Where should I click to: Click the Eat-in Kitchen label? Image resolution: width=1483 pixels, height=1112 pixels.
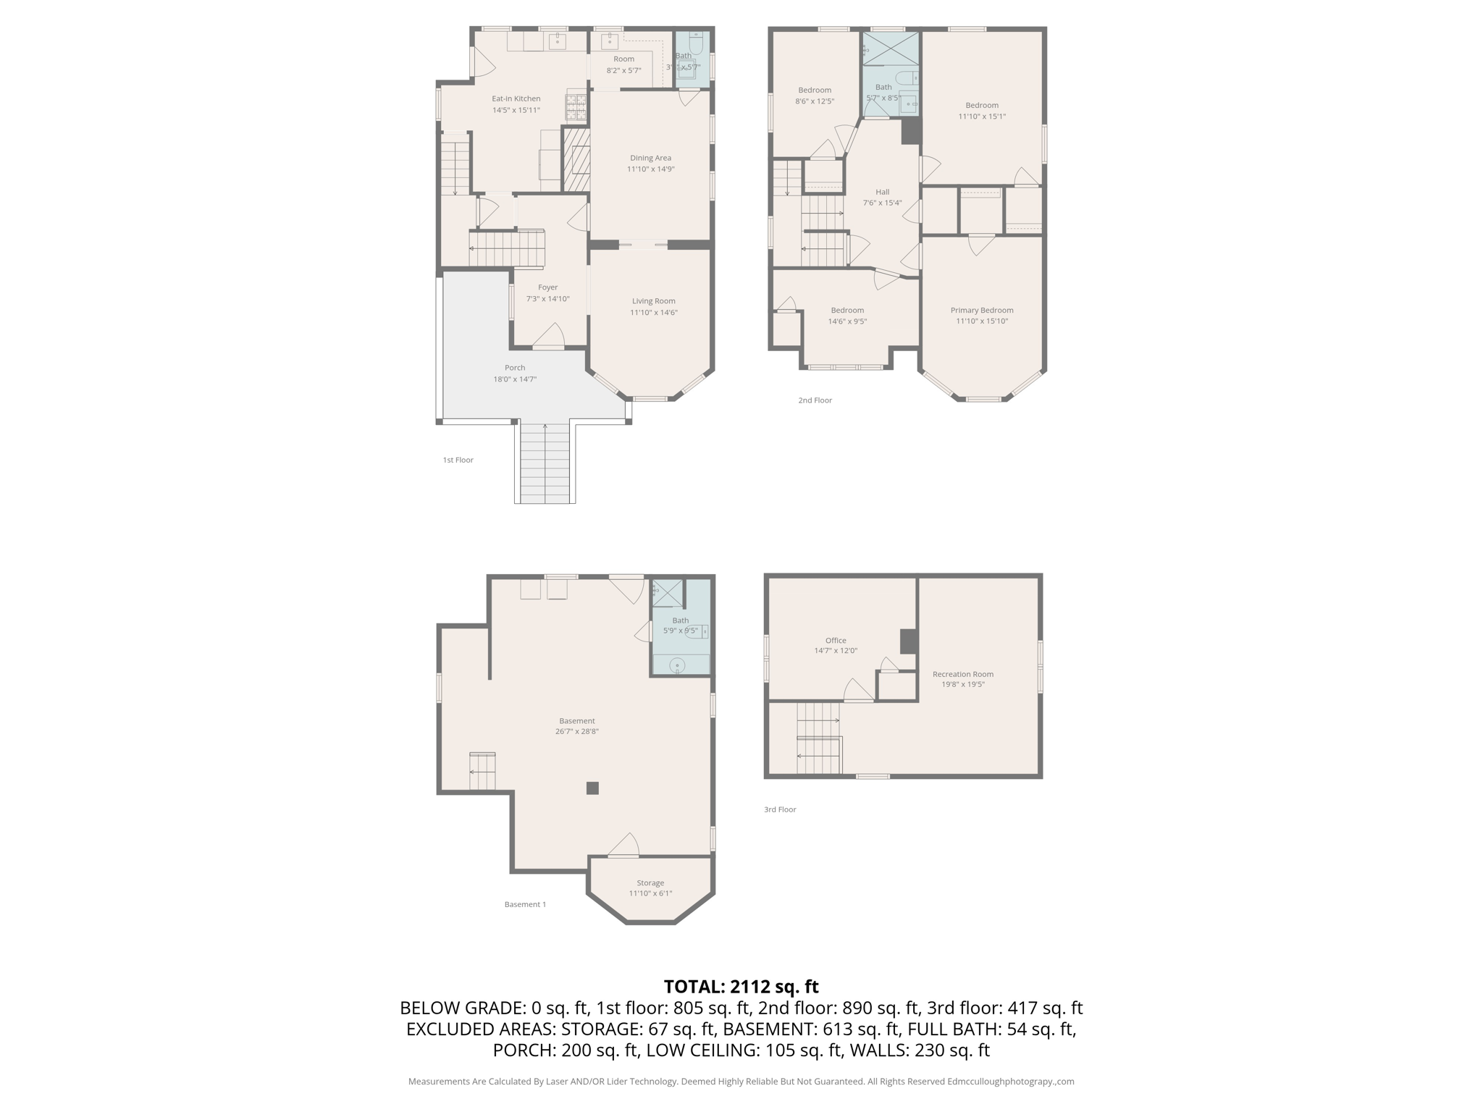click(x=516, y=98)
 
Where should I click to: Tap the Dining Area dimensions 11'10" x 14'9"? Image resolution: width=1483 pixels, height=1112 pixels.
click(x=650, y=169)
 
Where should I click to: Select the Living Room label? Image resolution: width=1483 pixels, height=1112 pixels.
click(x=653, y=301)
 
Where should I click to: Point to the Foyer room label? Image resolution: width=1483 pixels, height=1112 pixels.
click(x=547, y=287)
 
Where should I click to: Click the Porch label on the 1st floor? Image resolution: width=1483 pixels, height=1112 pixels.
click(x=515, y=368)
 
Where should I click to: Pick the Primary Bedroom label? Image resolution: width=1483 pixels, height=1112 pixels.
click(x=981, y=311)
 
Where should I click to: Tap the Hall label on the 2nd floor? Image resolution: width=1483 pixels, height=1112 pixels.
click(x=882, y=192)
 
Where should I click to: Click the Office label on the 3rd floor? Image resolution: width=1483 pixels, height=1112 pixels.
click(x=835, y=641)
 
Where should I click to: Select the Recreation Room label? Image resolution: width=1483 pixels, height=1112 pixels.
click(x=962, y=674)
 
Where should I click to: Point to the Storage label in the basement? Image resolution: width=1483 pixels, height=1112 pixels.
click(x=650, y=883)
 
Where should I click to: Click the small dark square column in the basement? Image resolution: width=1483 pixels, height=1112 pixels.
click(x=592, y=788)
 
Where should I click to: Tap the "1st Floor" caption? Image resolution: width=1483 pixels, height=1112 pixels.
click(x=458, y=460)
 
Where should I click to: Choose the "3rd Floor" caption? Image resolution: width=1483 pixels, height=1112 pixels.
click(x=779, y=809)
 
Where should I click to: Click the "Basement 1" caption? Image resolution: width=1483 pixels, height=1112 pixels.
click(x=525, y=904)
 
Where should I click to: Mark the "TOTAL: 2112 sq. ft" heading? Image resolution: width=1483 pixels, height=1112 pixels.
click(x=741, y=986)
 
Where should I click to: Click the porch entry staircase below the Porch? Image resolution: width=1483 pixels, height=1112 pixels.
click(x=545, y=463)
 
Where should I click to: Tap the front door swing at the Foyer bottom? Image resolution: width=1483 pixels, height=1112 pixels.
click(x=550, y=337)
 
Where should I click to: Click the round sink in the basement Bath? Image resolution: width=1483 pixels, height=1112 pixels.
click(x=677, y=665)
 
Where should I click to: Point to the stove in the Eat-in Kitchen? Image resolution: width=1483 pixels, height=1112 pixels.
click(x=575, y=107)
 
